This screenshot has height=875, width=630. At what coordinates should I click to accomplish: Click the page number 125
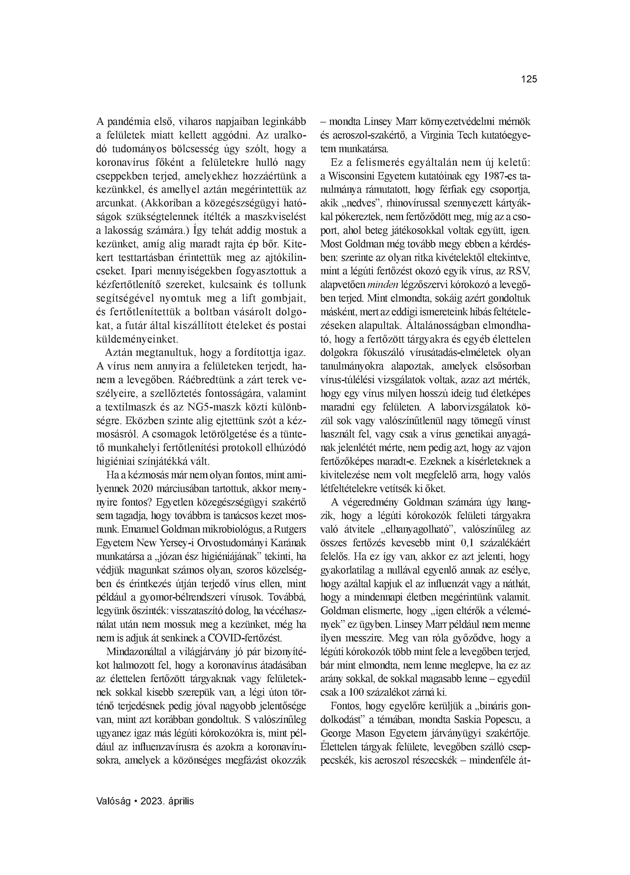click(x=529, y=79)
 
